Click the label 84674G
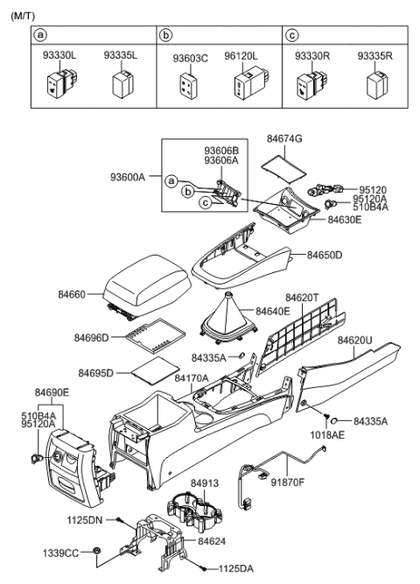(x=284, y=139)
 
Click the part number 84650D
(x=324, y=255)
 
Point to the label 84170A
(x=191, y=378)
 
